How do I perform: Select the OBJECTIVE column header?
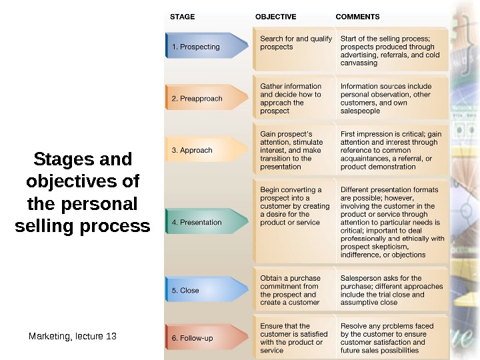276,16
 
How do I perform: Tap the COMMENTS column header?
357,16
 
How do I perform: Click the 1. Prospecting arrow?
200,47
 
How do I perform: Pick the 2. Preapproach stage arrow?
200,99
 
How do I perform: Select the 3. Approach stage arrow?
200,150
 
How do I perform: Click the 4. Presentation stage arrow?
200,222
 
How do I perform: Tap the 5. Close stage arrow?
200,290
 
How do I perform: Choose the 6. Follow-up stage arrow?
200,338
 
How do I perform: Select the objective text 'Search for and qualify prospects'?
295,43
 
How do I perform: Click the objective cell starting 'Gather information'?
291,99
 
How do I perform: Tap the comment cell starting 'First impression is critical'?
391,150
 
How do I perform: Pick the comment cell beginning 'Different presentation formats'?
392,222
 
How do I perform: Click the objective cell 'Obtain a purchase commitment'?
290,290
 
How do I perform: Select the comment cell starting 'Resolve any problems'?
387,338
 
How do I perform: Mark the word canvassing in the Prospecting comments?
359,63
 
